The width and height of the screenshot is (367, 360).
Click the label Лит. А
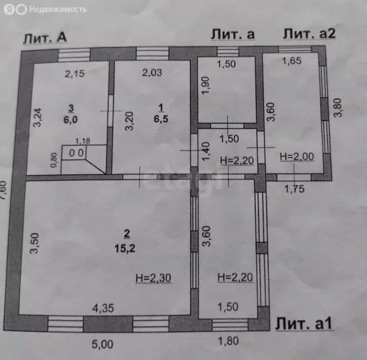[45, 37]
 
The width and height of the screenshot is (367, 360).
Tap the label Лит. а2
[309, 34]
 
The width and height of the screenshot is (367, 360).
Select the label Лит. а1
[304, 324]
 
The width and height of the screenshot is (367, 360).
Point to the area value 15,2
[125, 248]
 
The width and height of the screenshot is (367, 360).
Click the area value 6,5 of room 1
[161, 119]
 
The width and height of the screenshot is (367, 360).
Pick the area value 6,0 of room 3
[70, 120]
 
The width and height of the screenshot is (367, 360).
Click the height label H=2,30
[153, 278]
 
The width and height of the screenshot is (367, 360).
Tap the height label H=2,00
[297, 157]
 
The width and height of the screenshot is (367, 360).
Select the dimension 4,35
[103, 308]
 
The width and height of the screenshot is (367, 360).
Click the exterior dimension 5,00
[103, 344]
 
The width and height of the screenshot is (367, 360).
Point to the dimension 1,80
[228, 341]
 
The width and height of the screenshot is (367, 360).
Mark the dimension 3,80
[338, 108]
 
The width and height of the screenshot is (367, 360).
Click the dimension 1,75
[294, 188]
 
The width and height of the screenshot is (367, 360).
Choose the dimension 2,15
[75, 74]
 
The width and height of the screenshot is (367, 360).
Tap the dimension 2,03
[152, 73]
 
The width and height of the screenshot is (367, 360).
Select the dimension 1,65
[292, 61]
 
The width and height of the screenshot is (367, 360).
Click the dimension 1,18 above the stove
[82, 141]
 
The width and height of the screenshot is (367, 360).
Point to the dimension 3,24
[37, 118]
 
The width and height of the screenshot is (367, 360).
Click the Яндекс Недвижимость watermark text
[58, 9]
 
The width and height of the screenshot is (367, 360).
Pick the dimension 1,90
[205, 85]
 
